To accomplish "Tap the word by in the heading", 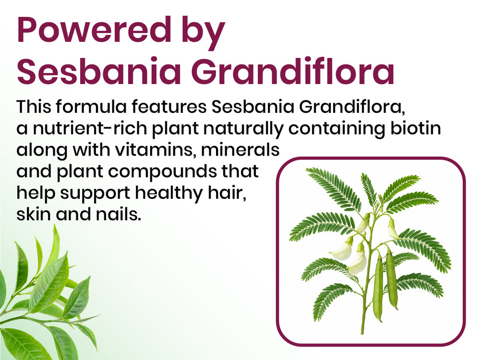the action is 203,33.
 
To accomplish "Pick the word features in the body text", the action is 169,107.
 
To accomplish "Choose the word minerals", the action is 240,149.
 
